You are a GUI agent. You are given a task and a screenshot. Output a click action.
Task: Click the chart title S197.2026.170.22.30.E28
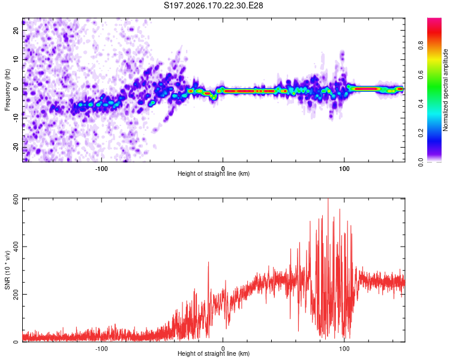point(213,5)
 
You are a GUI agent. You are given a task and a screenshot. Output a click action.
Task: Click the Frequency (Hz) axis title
point(7,90)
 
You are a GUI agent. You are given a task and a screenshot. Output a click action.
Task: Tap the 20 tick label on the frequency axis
point(16,30)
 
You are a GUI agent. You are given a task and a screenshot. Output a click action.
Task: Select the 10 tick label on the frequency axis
point(16,59)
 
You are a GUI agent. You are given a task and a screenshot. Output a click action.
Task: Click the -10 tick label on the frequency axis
point(16,118)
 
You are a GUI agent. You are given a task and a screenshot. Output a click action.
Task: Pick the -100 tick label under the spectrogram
point(101,169)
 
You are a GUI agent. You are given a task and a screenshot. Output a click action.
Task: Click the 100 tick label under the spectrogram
point(344,169)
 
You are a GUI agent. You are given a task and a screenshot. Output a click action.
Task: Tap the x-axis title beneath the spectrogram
point(214,173)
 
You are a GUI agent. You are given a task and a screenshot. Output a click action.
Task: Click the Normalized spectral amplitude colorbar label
point(445,90)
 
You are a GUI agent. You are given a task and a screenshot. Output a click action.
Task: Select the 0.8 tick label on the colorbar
point(421,46)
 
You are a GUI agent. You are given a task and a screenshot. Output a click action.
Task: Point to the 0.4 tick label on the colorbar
point(421,104)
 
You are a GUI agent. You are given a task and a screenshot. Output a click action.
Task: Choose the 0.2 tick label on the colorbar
point(421,133)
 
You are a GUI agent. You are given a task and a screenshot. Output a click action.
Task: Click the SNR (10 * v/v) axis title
point(7,270)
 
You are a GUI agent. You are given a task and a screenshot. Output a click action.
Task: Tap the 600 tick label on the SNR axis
point(16,199)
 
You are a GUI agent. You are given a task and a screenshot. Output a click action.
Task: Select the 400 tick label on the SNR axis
point(16,247)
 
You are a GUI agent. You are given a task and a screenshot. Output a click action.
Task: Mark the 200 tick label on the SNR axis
point(16,294)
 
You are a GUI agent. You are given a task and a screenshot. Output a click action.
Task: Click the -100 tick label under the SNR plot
point(101,349)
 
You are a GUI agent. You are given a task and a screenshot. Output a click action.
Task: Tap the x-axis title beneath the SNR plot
point(214,353)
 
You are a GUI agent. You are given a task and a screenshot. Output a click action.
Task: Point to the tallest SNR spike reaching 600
point(328,199)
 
